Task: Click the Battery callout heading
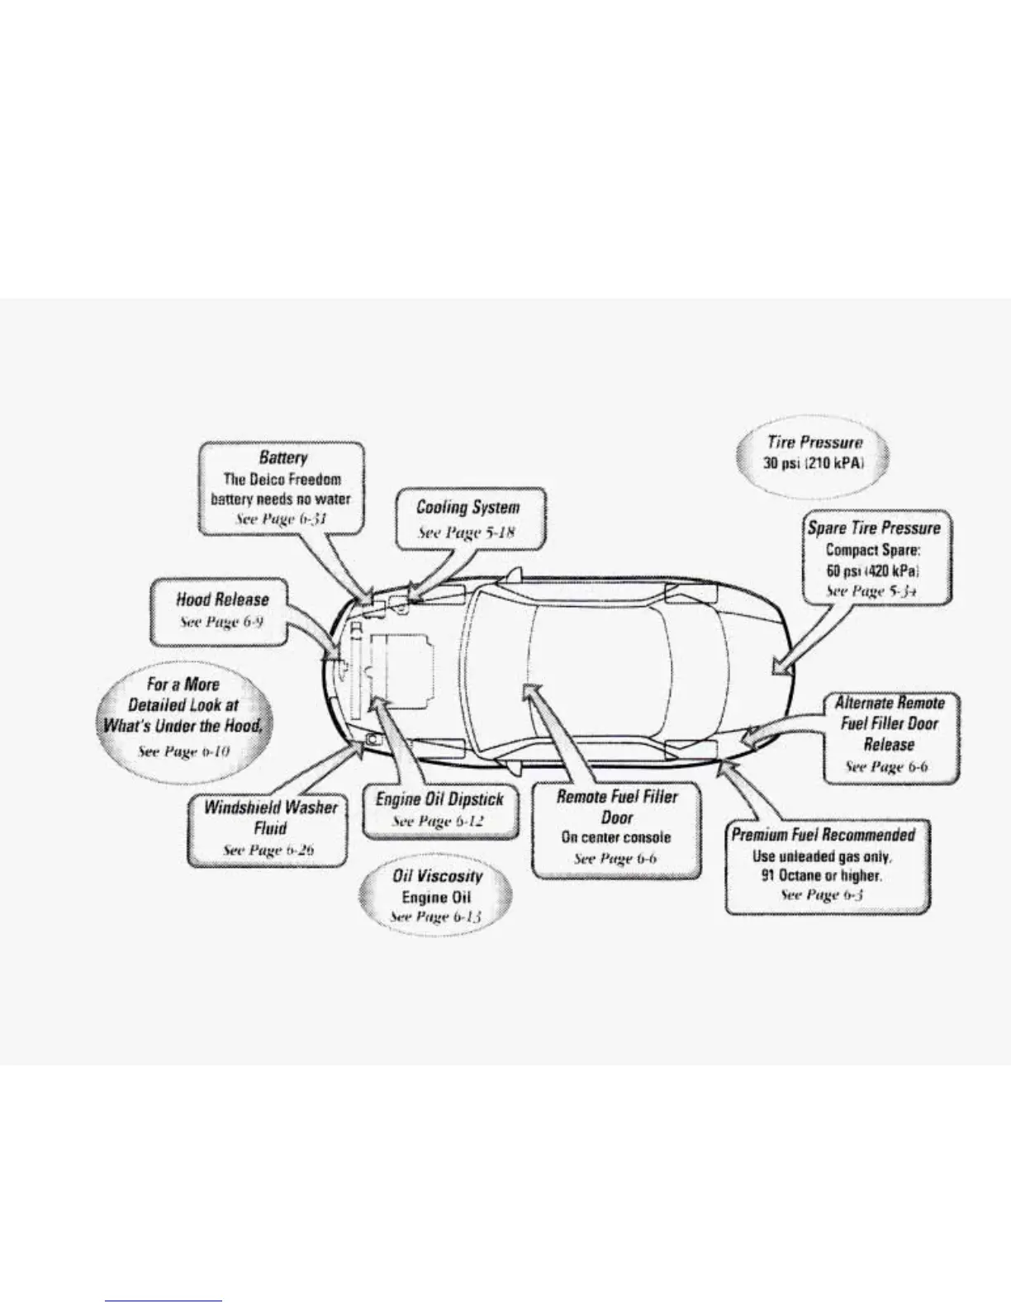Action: tap(282, 457)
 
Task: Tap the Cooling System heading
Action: tap(468, 507)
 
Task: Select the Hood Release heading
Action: tap(222, 599)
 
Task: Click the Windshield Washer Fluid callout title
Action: tap(270, 817)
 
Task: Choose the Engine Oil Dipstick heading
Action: tap(439, 799)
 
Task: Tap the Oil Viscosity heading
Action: tap(437, 875)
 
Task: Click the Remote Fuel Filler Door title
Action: tap(617, 807)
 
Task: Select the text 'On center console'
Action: tap(616, 837)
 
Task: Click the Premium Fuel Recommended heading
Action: tap(824, 835)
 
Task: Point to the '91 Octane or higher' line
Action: tap(821, 875)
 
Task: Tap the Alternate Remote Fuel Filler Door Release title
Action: tap(890, 723)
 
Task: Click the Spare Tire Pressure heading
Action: tap(874, 528)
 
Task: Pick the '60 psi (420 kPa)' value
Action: tap(873, 571)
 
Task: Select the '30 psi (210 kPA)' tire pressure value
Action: tap(814, 462)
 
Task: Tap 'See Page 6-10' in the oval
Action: tap(183, 751)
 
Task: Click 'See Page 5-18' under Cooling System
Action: tap(467, 532)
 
